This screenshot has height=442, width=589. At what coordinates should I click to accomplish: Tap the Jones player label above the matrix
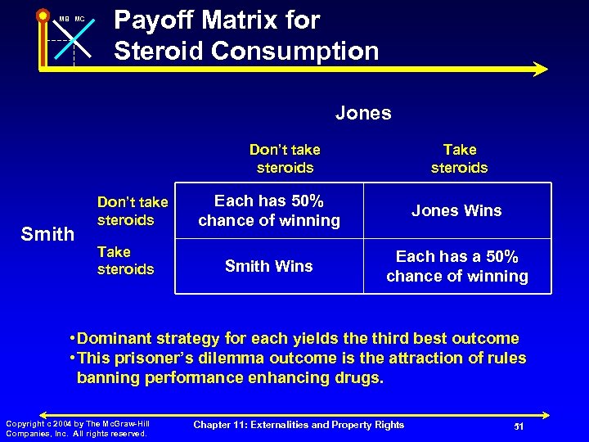[363, 113]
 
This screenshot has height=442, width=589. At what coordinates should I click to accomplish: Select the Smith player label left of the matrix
[47, 235]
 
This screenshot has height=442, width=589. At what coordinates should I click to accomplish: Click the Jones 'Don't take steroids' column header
[285, 159]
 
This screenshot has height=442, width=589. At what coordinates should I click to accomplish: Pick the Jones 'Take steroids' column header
[459, 159]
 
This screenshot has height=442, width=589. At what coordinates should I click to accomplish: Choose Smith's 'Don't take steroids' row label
[133, 210]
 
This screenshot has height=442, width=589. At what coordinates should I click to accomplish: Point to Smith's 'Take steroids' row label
[125, 260]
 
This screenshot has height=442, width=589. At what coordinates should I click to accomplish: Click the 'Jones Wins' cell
[456, 210]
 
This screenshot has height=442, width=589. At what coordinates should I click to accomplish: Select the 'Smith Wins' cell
[269, 266]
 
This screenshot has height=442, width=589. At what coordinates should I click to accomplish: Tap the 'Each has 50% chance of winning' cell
[269, 210]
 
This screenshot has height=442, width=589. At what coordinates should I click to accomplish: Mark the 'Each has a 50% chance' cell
[456, 266]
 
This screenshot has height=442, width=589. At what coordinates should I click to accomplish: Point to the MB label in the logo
[64, 19]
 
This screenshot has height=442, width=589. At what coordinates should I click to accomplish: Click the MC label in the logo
[79, 19]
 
